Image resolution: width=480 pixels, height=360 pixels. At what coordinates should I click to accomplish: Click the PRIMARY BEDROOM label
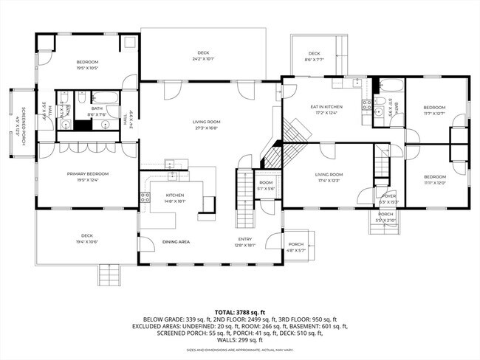(x=88, y=174)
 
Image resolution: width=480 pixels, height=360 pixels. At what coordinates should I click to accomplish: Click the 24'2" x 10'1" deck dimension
(x=204, y=58)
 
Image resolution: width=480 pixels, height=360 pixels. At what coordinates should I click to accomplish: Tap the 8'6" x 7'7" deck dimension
(x=315, y=58)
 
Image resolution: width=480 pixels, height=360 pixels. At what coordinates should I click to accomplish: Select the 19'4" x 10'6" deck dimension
(x=87, y=241)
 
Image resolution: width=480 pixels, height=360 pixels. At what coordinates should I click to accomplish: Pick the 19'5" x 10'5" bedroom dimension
(x=87, y=67)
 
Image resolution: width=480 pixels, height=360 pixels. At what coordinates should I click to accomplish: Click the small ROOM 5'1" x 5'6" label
(x=266, y=186)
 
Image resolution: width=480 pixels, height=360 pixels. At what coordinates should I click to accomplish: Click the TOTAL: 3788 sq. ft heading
(x=240, y=311)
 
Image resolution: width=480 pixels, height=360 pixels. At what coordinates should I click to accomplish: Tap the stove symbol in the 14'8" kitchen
(x=145, y=196)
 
